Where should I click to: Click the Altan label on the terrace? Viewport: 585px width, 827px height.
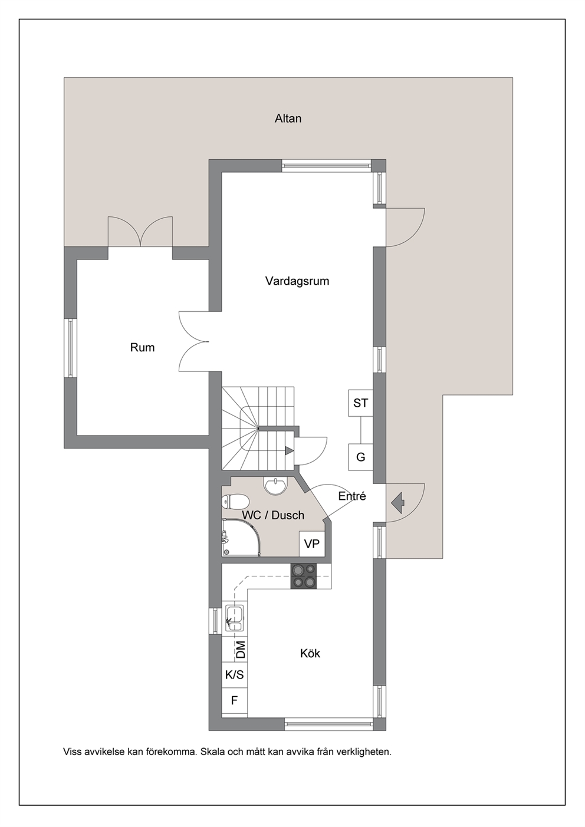pyautogui.click(x=288, y=118)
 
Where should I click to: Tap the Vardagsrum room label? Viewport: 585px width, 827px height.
pyautogui.click(x=297, y=281)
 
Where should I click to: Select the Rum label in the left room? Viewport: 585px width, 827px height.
pyautogui.click(x=142, y=347)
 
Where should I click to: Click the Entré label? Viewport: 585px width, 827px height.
pyautogui.click(x=352, y=496)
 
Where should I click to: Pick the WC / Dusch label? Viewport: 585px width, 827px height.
pyautogui.click(x=273, y=515)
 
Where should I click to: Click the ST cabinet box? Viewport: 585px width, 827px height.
pyautogui.click(x=360, y=403)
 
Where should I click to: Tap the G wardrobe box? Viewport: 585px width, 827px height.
pyautogui.click(x=360, y=457)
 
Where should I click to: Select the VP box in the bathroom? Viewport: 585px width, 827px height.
pyautogui.click(x=312, y=543)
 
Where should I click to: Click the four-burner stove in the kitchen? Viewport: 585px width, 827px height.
pyautogui.click(x=304, y=576)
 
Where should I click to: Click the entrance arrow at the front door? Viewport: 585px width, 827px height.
pyautogui.click(x=397, y=503)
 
